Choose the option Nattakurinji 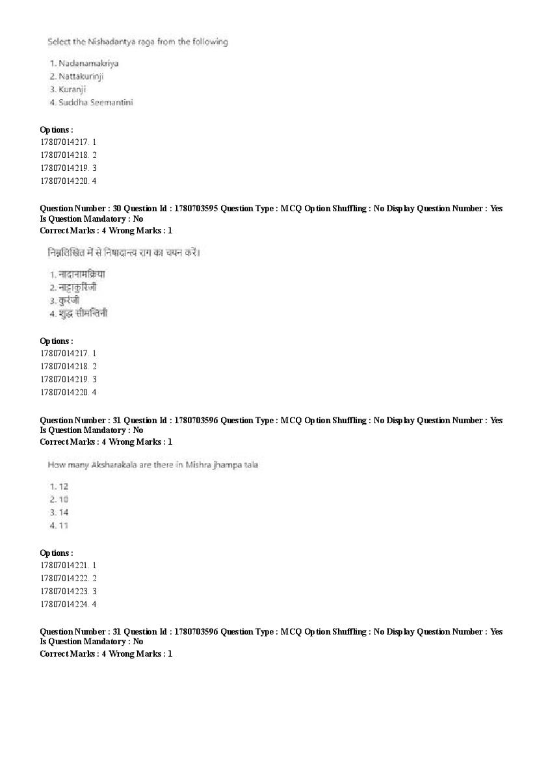point(81,77)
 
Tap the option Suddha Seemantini point(96,103)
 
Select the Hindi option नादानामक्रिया point(81,274)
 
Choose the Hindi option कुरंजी point(69,300)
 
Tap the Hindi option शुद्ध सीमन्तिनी point(83,313)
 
